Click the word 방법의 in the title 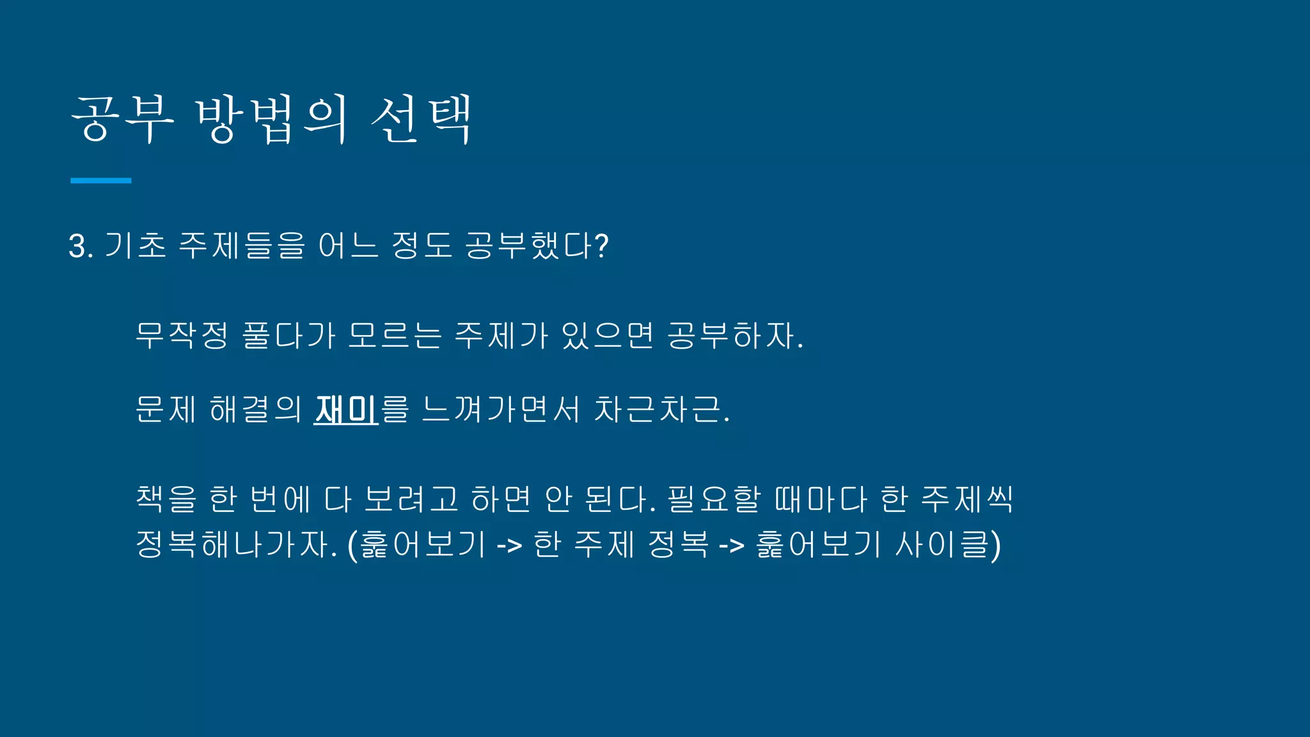(271, 120)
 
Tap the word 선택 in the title (422, 120)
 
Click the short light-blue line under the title (100, 181)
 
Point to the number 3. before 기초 (81, 246)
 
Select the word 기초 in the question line (135, 246)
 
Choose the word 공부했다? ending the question (536, 246)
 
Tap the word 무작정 (182, 335)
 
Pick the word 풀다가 (288, 335)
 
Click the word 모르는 (395, 335)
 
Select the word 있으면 (607, 335)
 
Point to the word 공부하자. (734, 335)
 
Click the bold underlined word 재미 (345, 409)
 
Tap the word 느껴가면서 (501, 409)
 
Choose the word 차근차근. (661, 409)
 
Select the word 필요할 (714, 499)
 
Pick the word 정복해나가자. (236, 544)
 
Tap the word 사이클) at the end (947, 544)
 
